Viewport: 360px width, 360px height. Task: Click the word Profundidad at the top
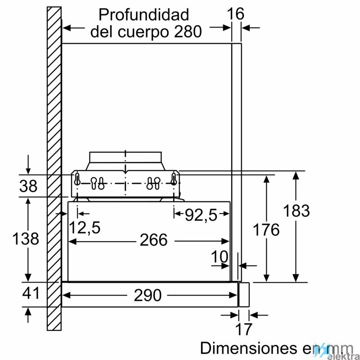(x=144, y=15)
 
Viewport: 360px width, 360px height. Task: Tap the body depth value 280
(x=188, y=31)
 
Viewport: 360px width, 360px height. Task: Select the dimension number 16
(x=235, y=14)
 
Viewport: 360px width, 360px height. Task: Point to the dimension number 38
(x=28, y=186)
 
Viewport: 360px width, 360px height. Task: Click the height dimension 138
(x=26, y=238)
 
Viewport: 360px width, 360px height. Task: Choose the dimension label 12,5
(x=85, y=228)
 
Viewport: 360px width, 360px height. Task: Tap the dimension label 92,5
(x=201, y=216)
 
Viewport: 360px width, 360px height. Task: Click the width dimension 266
(x=153, y=240)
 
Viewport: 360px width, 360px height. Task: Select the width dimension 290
(x=148, y=295)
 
